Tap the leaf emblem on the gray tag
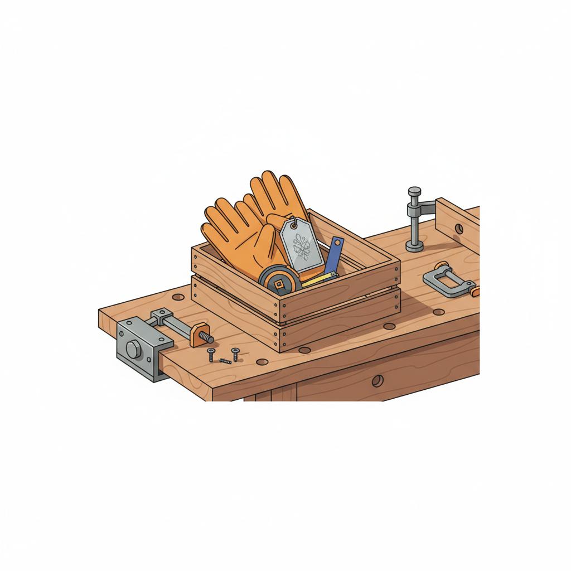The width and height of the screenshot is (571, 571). (302, 248)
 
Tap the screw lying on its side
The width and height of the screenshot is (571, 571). (225, 361)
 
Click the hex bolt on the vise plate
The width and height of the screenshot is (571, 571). (133, 350)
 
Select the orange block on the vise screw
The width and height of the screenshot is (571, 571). (197, 336)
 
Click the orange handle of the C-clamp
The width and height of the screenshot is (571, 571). (473, 291)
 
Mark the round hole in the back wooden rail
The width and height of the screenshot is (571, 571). (458, 229)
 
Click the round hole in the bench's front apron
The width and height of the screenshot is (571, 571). (378, 381)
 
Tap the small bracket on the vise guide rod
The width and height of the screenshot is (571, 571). (159, 318)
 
